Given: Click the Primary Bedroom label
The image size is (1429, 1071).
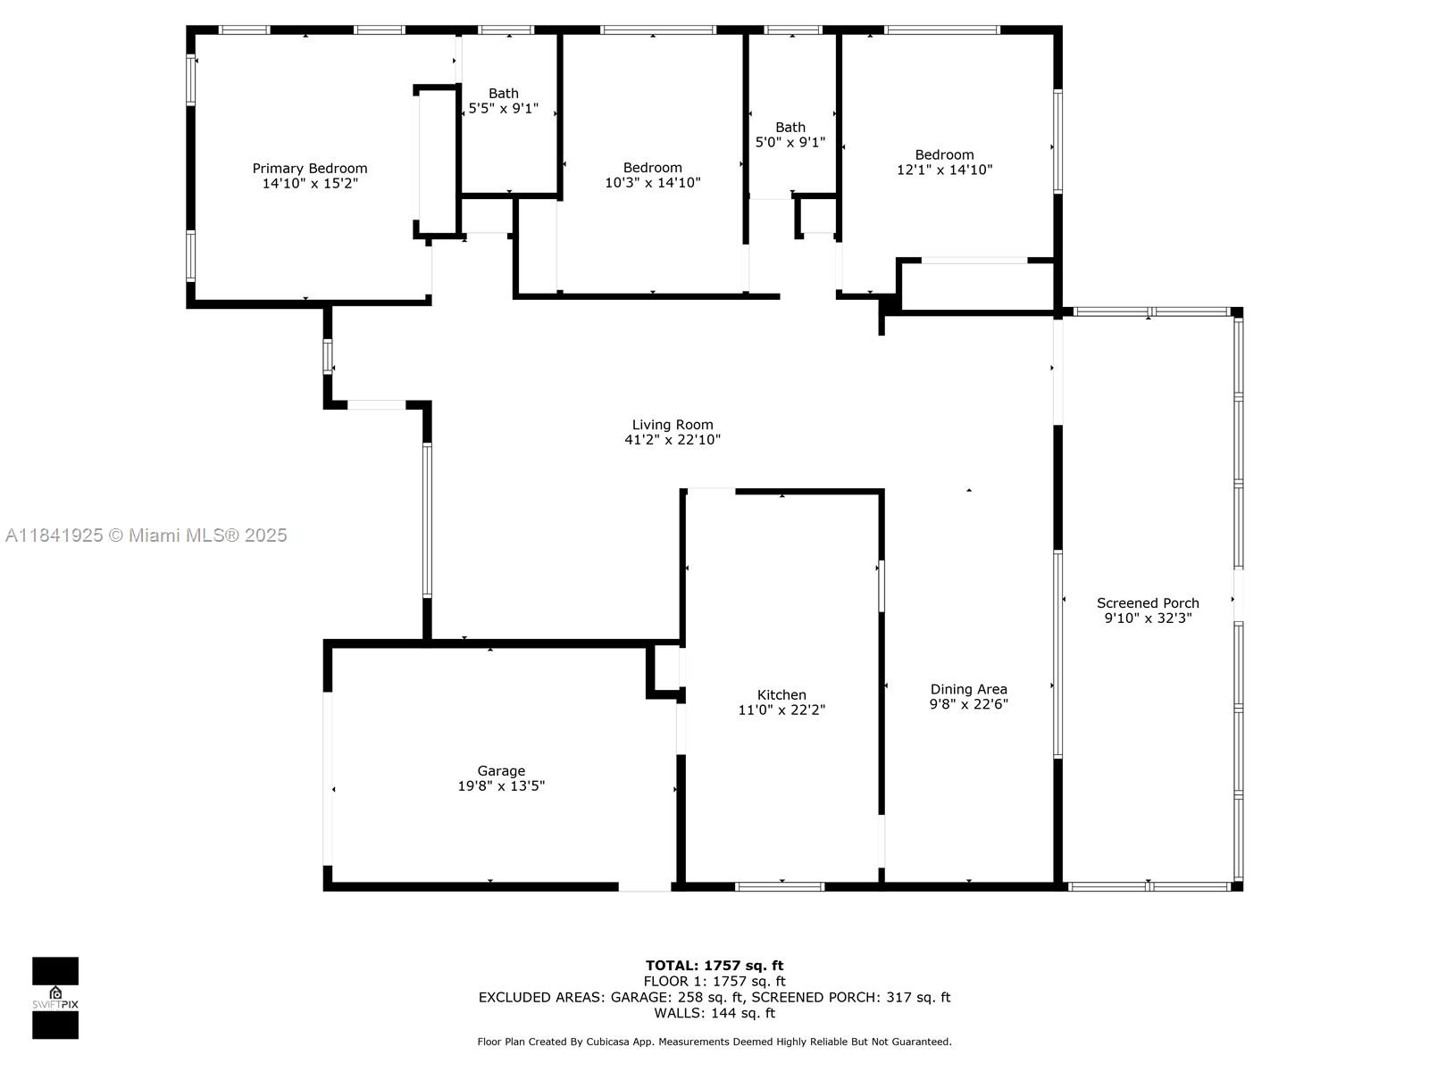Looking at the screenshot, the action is click(310, 169).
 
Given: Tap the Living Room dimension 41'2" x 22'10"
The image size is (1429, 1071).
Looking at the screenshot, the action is click(673, 440).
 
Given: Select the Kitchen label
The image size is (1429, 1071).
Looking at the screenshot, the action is click(781, 695).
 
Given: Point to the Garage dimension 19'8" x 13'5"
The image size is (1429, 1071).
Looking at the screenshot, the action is click(501, 785).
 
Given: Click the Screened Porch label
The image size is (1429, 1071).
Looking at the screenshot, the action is click(1148, 603).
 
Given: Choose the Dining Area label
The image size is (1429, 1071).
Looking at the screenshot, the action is click(969, 689).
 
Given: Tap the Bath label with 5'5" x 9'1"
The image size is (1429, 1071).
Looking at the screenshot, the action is click(503, 94).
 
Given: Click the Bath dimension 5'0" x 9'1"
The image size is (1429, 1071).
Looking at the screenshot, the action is click(790, 142).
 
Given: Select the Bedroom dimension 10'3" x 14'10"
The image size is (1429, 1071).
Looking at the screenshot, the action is click(652, 183).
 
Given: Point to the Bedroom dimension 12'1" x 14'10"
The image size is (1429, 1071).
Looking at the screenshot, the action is click(944, 170).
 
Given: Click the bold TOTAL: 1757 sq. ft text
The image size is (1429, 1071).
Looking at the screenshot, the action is click(714, 966).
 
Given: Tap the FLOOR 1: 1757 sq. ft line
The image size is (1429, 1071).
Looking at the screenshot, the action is click(714, 981).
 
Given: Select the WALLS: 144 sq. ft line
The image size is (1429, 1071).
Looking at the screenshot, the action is click(714, 1013).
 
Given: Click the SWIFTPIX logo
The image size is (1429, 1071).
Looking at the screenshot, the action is click(55, 998).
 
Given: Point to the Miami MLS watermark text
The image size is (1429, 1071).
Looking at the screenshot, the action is click(146, 535).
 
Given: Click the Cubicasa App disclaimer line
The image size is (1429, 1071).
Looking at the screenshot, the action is click(714, 1042).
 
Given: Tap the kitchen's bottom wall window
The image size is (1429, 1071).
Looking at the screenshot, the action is click(780, 886).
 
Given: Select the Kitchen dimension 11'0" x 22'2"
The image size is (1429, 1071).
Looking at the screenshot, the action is click(781, 710).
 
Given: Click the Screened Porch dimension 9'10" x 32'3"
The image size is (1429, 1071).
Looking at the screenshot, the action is click(1148, 619).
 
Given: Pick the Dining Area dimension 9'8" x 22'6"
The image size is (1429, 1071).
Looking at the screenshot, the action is click(969, 704).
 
